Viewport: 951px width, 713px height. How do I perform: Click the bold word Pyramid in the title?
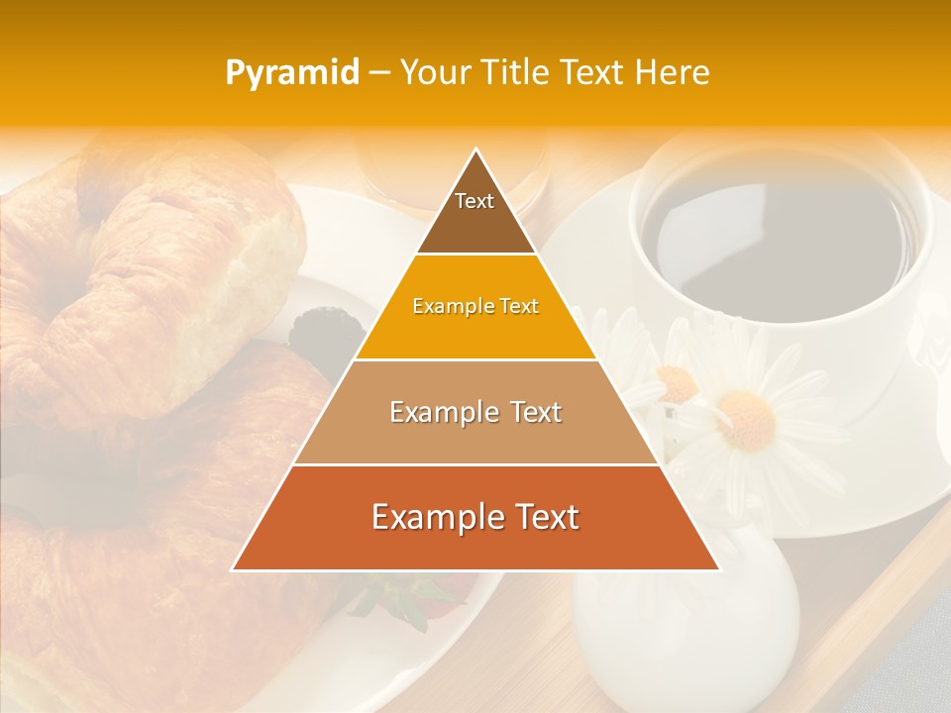click(x=292, y=72)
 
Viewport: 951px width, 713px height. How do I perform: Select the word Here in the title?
click(x=674, y=72)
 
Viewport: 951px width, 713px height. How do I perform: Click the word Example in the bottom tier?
click(x=433, y=517)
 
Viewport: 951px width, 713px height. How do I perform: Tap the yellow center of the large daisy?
click(x=745, y=418)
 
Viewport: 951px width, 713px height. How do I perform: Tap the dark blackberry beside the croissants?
click(x=314, y=329)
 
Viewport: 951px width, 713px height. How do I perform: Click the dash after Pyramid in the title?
click(x=379, y=72)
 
